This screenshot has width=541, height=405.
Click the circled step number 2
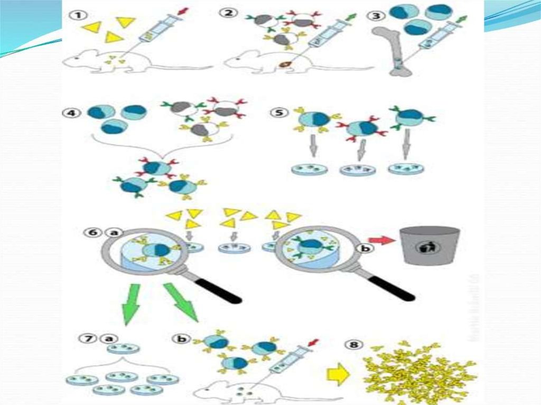click(x=229, y=13)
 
